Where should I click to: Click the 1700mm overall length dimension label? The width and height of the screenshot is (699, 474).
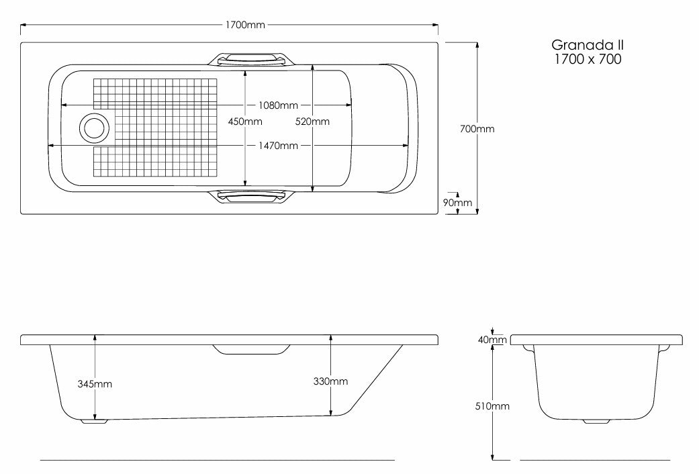(x=244, y=25)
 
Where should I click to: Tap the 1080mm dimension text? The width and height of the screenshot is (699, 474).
(x=278, y=105)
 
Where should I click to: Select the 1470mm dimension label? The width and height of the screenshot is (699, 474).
(x=278, y=146)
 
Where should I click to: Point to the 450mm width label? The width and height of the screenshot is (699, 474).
(x=245, y=122)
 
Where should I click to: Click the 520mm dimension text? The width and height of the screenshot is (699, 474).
(x=312, y=122)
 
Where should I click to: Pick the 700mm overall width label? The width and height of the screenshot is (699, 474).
(x=477, y=129)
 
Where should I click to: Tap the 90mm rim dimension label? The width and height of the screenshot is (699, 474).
(x=457, y=203)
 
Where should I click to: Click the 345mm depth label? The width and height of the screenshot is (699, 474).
(x=95, y=384)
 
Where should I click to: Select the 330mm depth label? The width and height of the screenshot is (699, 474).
(x=330, y=381)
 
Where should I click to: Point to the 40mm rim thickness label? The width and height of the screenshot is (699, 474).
(x=492, y=340)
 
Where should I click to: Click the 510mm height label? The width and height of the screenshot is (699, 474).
(x=492, y=406)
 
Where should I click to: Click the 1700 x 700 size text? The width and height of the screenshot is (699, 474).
(x=588, y=59)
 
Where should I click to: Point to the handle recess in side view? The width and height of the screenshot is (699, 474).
(x=252, y=350)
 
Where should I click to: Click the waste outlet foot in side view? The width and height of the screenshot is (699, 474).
(x=94, y=421)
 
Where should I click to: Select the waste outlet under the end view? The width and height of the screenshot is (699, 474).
(x=596, y=421)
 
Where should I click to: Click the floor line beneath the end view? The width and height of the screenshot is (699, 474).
(x=595, y=460)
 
